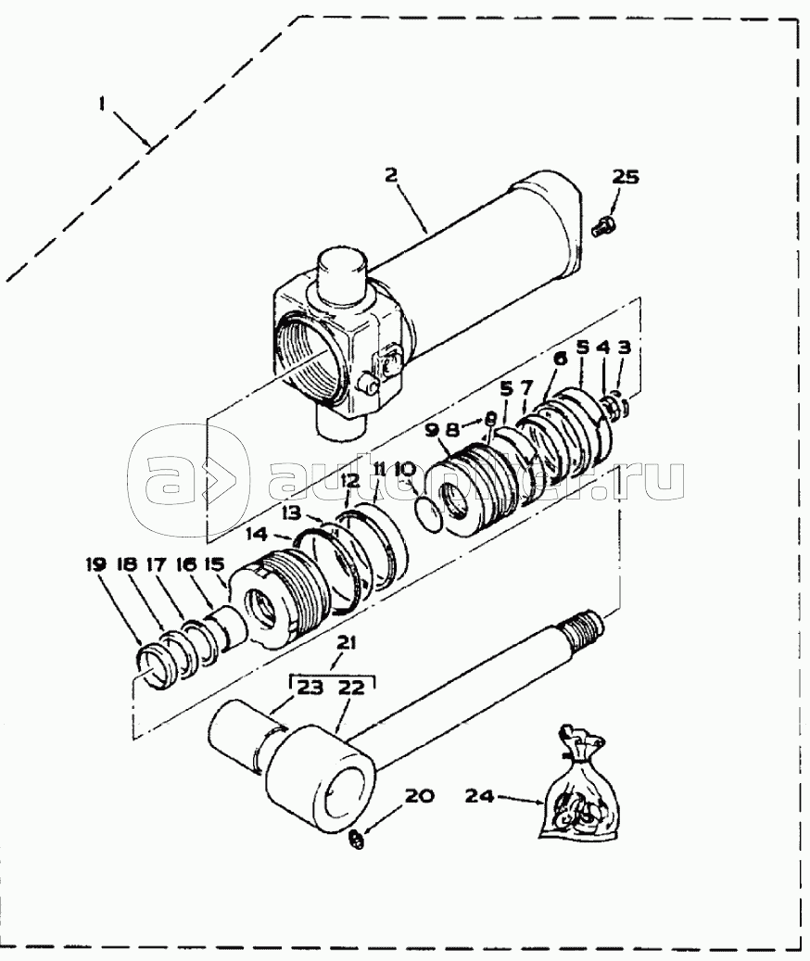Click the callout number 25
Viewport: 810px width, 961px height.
(x=626, y=177)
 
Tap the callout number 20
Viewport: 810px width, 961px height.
(x=420, y=794)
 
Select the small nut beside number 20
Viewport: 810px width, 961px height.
(x=356, y=841)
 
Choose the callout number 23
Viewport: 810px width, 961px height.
(x=310, y=688)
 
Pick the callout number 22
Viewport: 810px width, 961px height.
(x=352, y=688)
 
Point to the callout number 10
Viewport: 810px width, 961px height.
(x=404, y=471)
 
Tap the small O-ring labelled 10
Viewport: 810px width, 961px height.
(x=427, y=514)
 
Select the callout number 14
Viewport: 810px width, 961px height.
(x=256, y=534)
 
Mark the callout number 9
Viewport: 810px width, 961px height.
(x=431, y=430)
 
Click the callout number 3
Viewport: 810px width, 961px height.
(x=624, y=348)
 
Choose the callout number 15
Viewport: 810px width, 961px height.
(x=214, y=563)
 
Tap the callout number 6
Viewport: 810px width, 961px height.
(x=560, y=359)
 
